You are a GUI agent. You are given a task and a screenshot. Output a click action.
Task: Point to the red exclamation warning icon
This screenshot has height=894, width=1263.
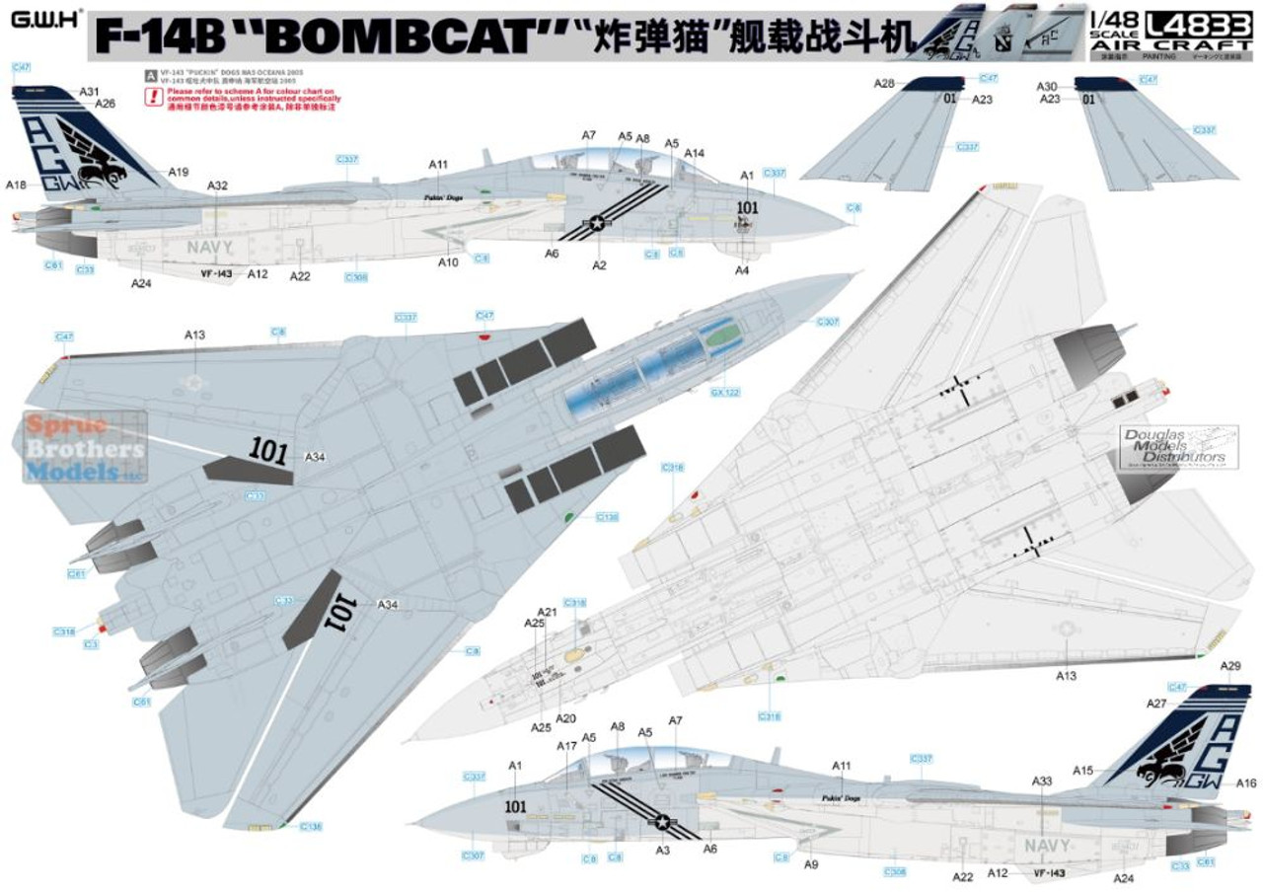click(152, 96)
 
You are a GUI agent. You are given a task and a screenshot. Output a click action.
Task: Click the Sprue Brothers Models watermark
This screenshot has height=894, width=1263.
click(85, 447)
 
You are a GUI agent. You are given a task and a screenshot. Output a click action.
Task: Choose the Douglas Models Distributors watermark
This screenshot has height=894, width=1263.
click(1174, 445)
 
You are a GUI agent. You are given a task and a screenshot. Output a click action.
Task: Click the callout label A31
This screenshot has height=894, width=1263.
click(91, 92)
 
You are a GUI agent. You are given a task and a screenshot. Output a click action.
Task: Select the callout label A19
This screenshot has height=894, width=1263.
click(178, 173)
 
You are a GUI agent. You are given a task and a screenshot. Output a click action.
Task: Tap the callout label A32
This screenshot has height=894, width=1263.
click(217, 186)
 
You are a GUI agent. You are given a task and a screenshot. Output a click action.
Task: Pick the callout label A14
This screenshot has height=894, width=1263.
click(694, 153)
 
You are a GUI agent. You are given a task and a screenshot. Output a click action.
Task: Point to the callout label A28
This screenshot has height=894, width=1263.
click(884, 84)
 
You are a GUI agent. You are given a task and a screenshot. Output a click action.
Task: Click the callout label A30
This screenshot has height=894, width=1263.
click(1047, 87)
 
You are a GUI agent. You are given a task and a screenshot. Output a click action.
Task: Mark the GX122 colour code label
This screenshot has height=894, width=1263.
click(723, 392)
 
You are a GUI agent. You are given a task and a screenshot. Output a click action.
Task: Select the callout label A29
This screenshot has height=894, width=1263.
click(1229, 667)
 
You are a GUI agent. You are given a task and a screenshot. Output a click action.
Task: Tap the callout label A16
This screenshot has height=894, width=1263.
click(1245, 782)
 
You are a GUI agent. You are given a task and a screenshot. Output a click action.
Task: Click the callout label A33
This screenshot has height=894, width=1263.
click(1042, 781)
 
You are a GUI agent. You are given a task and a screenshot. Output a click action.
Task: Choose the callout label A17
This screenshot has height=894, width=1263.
click(565, 746)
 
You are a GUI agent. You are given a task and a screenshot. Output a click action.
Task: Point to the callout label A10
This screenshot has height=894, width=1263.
click(448, 262)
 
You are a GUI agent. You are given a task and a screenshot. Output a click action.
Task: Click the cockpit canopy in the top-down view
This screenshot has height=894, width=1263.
click(655, 368)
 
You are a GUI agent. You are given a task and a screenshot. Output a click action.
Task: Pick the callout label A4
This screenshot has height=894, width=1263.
click(742, 270)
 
